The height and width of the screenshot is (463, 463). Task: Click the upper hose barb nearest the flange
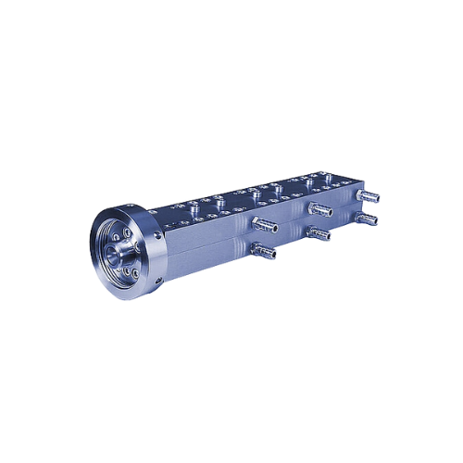[265, 224]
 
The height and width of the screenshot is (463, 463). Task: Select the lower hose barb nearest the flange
[265, 249]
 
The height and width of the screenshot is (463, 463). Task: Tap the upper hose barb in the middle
[320, 209]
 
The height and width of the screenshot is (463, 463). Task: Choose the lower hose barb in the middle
[319, 232]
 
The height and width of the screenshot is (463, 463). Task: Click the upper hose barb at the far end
[369, 196]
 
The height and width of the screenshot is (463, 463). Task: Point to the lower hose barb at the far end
[369, 219]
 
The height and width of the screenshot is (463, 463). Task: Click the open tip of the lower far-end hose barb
[380, 219]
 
